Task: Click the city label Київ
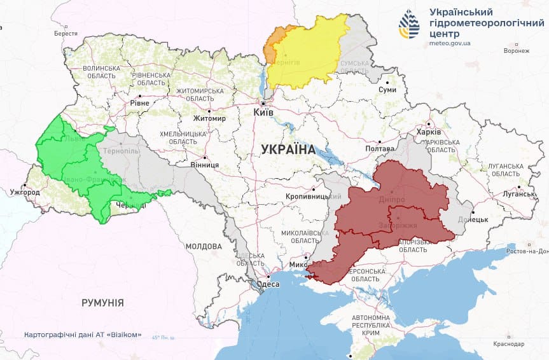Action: (x=263, y=112)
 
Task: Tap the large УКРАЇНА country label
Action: (x=288, y=149)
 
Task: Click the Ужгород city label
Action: (x=25, y=192)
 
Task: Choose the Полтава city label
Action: (x=380, y=149)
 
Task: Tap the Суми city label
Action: (x=387, y=90)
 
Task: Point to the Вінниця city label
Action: (x=205, y=165)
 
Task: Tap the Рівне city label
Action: (x=139, y=103)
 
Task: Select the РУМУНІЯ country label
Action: (x=102, y=303)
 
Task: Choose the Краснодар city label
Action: (x=508, y=343)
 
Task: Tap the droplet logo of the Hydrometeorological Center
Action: (x=409, y=24)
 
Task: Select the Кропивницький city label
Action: (x=311, y=197)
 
